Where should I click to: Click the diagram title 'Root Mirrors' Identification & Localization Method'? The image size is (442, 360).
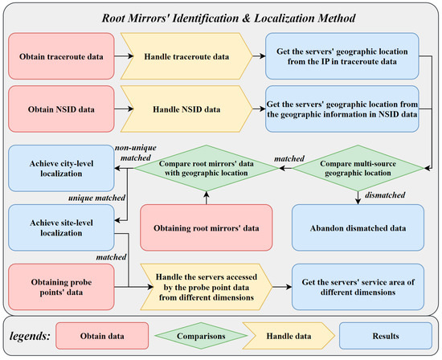click(x=221, y=16)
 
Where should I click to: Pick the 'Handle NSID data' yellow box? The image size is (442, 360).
click(x=190, y=108)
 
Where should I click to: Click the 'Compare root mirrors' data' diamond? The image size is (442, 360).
click(x=205, y=166)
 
